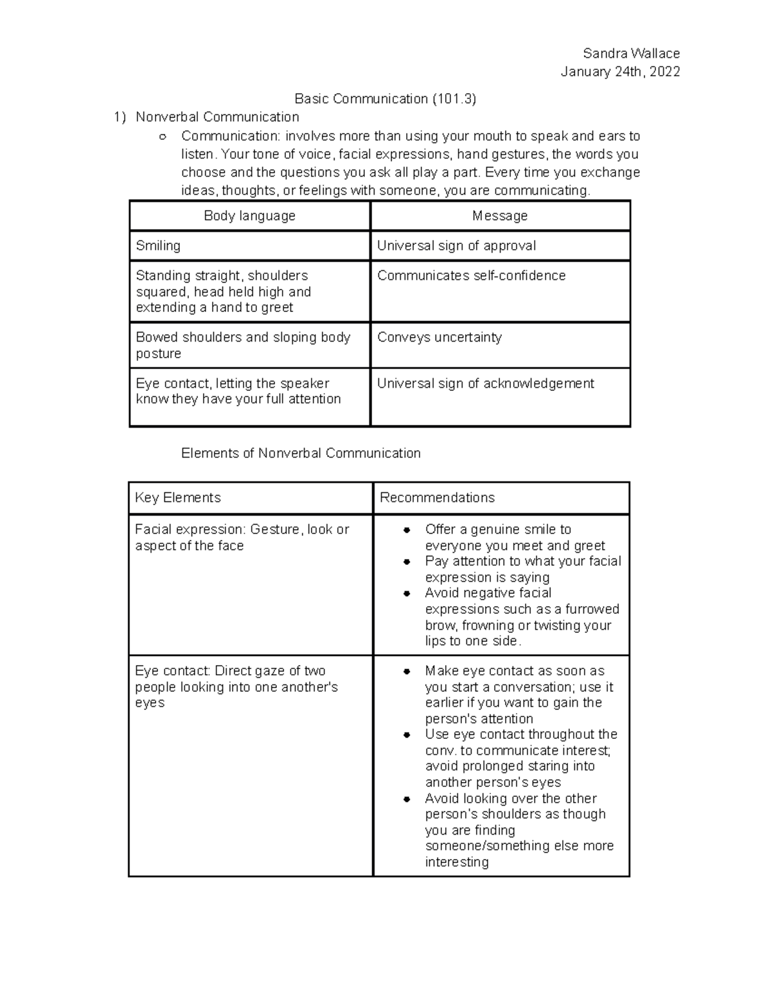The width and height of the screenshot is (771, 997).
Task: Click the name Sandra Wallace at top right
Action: click(630, 53)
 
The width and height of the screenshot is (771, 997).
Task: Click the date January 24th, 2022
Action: click(619, 71)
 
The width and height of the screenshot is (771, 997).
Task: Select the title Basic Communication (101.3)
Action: click(385, 98)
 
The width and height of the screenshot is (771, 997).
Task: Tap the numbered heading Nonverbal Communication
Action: click(217, 117)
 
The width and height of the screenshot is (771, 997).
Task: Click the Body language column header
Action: click(249, 216)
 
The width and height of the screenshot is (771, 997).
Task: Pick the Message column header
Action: click(499, 216)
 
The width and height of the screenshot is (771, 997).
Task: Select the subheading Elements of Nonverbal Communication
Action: click(301, 453)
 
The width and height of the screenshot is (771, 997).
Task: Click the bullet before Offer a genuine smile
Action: click(407, 530)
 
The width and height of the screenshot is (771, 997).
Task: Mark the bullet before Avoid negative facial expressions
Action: click(407, 594)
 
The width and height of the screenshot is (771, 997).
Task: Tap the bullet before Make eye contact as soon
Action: click(407, 672)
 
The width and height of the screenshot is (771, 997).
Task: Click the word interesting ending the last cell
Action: click(456, 862)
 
